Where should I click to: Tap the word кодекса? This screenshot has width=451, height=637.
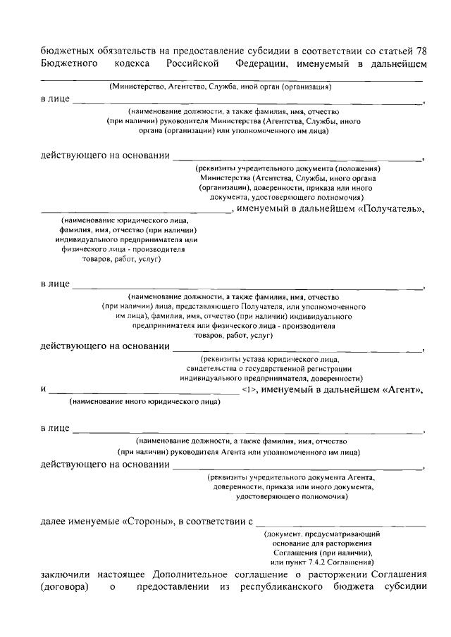coord(132,63)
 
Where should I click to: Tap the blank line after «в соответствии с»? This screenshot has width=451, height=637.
coord(341,524)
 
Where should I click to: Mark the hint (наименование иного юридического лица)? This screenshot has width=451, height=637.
coord(144,402)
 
